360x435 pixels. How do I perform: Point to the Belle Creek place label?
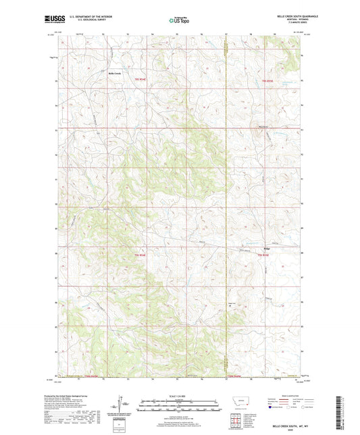click(114, 74)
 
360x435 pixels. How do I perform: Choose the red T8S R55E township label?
click(268, 80)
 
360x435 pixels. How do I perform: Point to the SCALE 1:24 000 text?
click(180, 395)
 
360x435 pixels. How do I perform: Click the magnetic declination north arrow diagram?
click(122, 405)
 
